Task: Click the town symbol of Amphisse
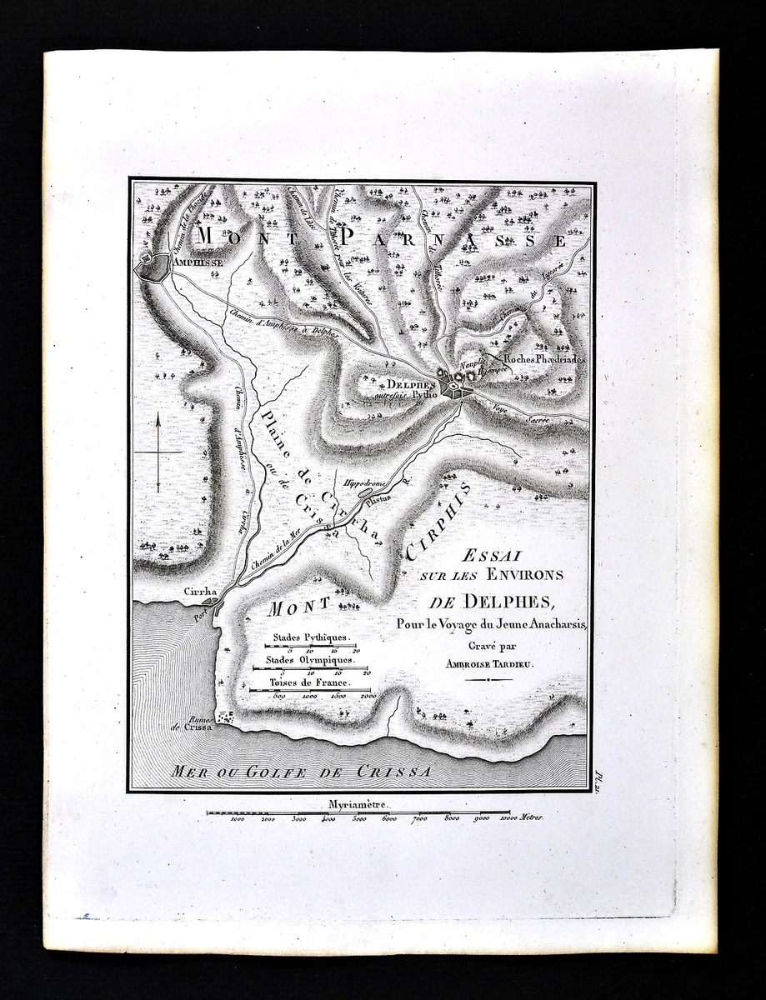point(151,267)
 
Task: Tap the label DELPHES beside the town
point(411,384)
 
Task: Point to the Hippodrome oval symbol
point(365,493)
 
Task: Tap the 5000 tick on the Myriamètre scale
point(358,819)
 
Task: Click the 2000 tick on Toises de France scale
point(368,695)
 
